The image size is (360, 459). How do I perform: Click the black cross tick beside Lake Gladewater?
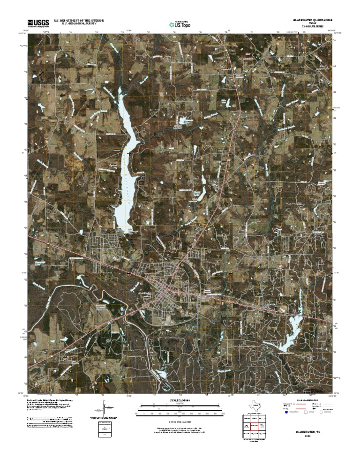(x=129, y=153)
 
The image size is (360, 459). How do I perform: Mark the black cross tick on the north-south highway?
(x=231, y=153)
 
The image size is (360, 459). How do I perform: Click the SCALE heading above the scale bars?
(x=180, y=401)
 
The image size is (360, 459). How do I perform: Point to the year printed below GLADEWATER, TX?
(x=307, y=436)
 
